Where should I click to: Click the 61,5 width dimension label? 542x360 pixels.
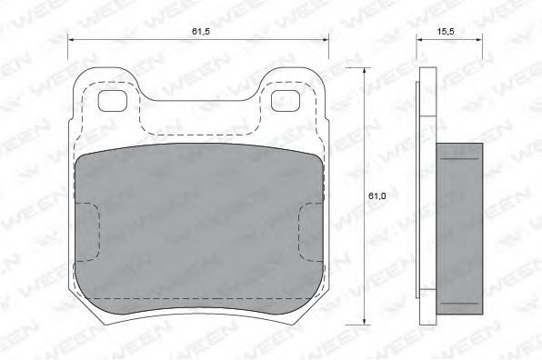201,32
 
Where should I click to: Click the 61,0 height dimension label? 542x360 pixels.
376,195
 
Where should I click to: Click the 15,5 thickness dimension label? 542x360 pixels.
446,32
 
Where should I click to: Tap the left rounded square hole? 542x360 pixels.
113,101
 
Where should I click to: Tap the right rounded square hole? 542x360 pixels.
286,101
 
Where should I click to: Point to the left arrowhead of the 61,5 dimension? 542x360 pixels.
71,40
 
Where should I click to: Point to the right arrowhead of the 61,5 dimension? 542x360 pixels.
326,40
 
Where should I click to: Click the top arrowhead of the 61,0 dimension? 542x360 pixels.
364,71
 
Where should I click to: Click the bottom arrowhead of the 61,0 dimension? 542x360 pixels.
364,321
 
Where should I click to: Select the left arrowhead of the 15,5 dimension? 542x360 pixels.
419,40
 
